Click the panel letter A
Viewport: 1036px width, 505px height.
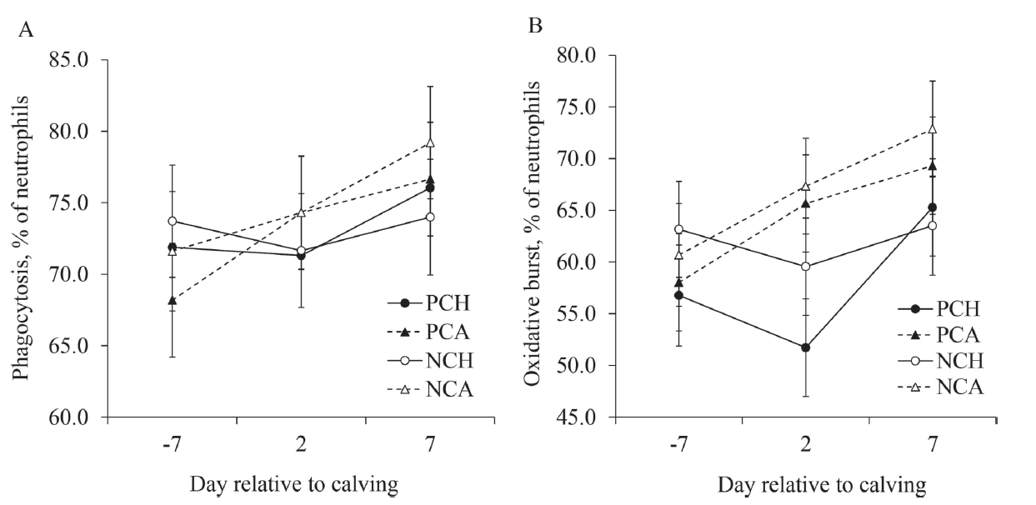[27, 31]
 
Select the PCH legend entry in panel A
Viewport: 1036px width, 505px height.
[429, 301]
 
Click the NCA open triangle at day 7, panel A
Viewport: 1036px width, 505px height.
[428, 142]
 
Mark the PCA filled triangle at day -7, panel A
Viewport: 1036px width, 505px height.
[172, 300]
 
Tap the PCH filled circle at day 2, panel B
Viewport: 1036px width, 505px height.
[806, 347]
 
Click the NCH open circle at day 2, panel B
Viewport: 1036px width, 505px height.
[806, 267]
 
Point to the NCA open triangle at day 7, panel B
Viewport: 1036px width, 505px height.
[933, 129]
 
